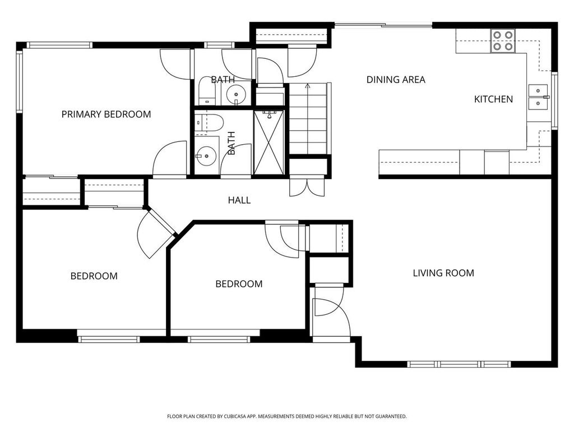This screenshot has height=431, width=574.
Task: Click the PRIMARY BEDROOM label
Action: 106,114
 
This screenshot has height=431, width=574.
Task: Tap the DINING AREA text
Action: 396,80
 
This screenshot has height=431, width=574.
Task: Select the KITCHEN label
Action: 493,99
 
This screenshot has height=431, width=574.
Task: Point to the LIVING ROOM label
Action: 443,273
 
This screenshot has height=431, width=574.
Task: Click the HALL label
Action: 239,200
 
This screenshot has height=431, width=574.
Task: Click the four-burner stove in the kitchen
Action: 503,41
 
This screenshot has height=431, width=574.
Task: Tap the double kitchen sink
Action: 538,96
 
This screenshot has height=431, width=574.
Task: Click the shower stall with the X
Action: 270,143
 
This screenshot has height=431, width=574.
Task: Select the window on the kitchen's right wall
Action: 555,100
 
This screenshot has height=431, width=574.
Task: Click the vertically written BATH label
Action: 232,143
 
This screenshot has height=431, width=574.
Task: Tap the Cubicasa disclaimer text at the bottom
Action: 286,416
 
